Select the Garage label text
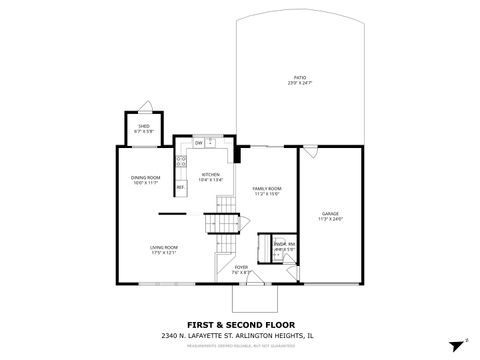pyautogui.click(x=329, y=214)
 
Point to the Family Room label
pyautogui.click(x=266, y=189)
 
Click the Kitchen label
pyautogui.click(x=210, y=175)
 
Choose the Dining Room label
pyautogui.click(x=145, y=178)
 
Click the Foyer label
pyautogui.click(x=241, y=267)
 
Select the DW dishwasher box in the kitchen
pyautogui.click(x=199, y=143)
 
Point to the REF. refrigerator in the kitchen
pyautogui.click(x=181, y=187)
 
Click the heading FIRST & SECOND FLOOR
pyautogui.click(x=239, y=323)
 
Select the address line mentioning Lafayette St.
pyautogui.click(x=239, y=335)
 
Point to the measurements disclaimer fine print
pyautogui.click(x=239, y=345)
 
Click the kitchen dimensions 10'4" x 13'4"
pyautogui.click(x=210, y=181)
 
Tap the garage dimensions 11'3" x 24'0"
pyautogui.click(x=329, y=220)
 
